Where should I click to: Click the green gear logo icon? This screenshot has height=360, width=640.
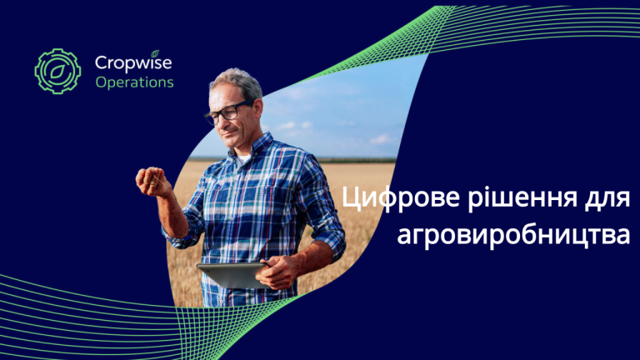[57, 72]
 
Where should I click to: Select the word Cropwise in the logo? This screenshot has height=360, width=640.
[133, 63]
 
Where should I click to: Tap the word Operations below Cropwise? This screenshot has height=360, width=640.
[135, 82]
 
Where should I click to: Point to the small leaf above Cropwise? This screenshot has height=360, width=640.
[155, 53]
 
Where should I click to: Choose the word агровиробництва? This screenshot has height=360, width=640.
[513, 236]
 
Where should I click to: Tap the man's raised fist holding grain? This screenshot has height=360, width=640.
[152, 182]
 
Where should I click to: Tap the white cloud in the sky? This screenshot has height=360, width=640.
[382, 139]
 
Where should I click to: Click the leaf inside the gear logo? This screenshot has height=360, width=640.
[57, 72]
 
